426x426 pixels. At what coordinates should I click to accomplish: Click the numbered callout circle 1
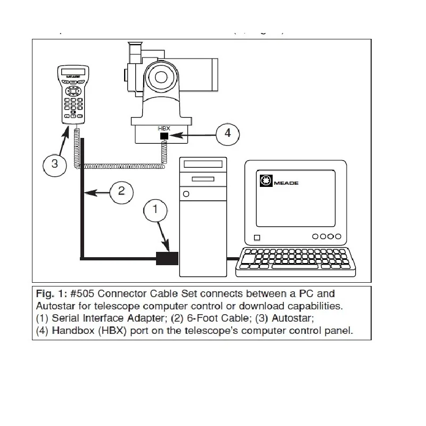click(155, 209)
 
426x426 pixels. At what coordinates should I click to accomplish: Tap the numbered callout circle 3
click(54, 163)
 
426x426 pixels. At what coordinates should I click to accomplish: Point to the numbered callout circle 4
click(228, 133)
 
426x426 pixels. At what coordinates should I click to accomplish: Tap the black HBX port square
click(164, 137)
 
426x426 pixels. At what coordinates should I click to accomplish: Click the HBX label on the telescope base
click(163, 129)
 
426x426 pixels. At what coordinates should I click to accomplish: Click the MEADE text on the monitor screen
click(286, 183)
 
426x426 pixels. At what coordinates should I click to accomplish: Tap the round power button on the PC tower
click(185, 194)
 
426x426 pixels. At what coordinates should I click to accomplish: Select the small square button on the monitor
click(257, 237)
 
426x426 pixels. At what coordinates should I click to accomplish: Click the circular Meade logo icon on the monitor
click(266, 181)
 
